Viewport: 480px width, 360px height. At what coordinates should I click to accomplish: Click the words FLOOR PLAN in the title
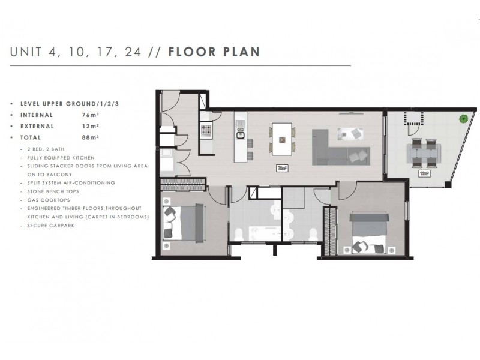coord(214,52)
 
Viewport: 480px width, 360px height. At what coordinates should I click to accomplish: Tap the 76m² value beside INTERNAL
coord(90,115)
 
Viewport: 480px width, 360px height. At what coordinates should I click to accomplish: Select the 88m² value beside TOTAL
coord(90,137)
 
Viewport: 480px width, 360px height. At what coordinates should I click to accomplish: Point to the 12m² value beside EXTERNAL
coord(90,126)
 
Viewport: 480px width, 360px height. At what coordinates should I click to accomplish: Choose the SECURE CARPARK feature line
coord(48,225)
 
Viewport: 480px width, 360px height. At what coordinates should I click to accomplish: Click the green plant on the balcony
coord(464,119)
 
